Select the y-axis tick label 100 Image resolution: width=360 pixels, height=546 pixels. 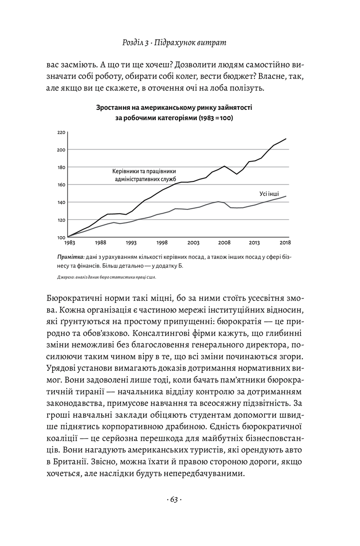[61, 237]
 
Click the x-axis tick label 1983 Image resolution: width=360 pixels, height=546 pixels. [69, 243]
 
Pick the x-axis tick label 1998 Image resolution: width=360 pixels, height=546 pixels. [162, 243]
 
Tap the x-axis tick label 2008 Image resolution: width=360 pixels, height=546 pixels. [224, 243]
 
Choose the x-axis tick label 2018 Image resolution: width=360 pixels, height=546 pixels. [284, 243]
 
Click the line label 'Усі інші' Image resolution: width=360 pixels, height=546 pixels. [269, 194]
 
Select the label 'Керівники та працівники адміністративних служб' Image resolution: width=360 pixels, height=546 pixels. [144, 175]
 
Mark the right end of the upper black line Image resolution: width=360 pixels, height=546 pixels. [286, 139]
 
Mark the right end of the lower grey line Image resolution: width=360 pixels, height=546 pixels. [286, 196]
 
